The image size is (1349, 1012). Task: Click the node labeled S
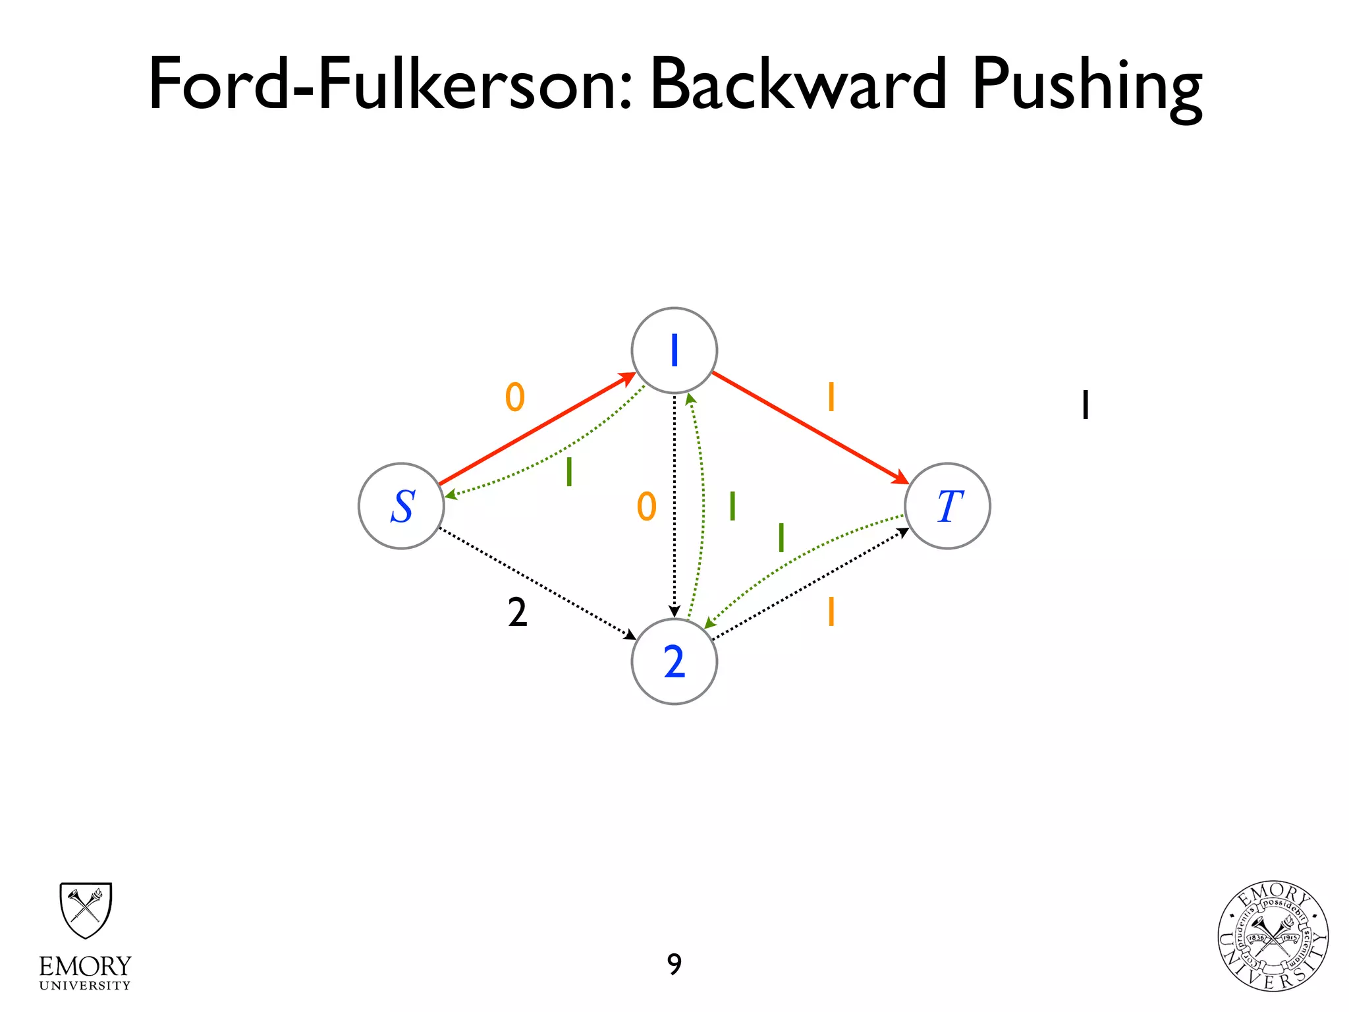[x=401, y=506]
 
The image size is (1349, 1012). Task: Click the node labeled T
[x=947, y=506]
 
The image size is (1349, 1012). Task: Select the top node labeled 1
[x=674, y=351]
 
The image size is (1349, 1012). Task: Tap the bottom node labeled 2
[x=674, y=661]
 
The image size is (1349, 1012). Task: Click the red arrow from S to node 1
[x=537, y=429]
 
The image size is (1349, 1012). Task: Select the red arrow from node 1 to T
[x=810, y=428]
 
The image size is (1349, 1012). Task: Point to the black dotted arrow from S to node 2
[x=537, y=583]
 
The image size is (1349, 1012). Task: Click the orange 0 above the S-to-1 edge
[x=515, y=397]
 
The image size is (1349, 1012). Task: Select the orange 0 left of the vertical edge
[x=647, y=507]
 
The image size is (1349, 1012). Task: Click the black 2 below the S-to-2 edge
[x=518, y=613]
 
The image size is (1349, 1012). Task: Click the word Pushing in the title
[x=1087, y=86]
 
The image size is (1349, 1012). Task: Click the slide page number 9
[x=674, y=965]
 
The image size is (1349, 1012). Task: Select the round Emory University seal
[x=1273, y=936]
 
